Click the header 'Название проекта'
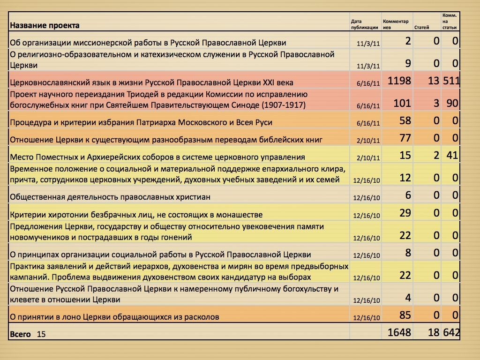pyautogui.click(x=45, y=25)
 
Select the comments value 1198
pyautogui.click(x=399, y=81)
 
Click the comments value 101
pyautogui.click(x=402, y=103)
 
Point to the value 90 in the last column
pyautogui.click(x=452, y=103)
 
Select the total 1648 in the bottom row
pyautogui.click(x=399, y=332)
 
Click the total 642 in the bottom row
pyautogui.click(x=451, y=332)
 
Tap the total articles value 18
pyautogui.click(x=434, y=332)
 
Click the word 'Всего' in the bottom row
pyautogui.click(x=21, y=334)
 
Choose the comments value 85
pyautogui.click(x=405, y=314)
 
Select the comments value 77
pyautogui.click(x=405, y=138)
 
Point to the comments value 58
pyautogui.click(x=405, y=121)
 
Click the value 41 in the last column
pyautogui.click(x=452, y=155)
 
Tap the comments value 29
pyautogui.click(x=405, y=213)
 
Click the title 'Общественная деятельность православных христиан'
pyautogui.click(x=110, y=197)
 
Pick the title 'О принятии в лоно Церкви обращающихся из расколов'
pyautogui.click(x=115, y=317)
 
